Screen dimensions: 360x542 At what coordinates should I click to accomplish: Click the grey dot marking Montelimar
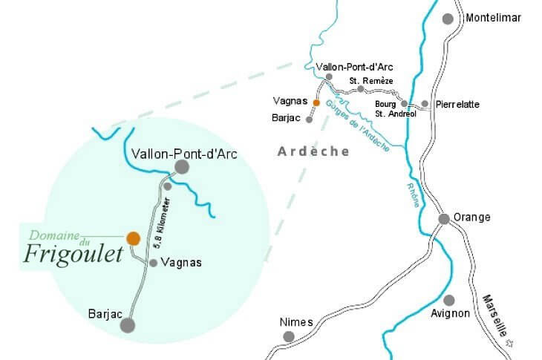[448, 19]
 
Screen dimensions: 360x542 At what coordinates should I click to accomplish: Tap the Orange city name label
[473, 217]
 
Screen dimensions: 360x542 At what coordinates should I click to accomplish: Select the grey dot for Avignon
[448, 300]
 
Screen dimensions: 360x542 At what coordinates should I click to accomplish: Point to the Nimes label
[296, 322]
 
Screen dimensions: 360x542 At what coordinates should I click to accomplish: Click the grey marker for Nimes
[289, 337]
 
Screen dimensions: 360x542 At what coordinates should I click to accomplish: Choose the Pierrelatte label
[457, 105]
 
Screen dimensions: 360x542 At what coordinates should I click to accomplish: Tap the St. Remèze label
[370, 80]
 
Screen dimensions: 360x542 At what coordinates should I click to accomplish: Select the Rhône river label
[411, 194]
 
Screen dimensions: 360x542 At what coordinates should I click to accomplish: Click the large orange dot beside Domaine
[133, 238]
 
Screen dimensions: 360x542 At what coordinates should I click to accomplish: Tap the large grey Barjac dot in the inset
[128, 324]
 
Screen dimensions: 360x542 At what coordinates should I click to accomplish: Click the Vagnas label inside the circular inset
[180, 263]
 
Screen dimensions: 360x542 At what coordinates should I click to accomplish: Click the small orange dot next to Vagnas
[316, 103]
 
